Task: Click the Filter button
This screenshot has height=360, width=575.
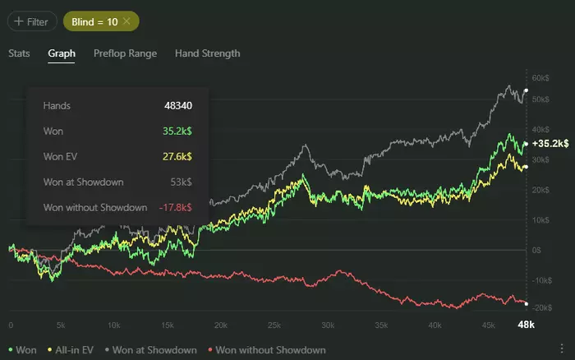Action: tap(29, 22)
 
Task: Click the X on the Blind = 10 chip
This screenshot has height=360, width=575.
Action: tap(126, 21)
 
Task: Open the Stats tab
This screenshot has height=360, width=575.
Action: tap(19, 53)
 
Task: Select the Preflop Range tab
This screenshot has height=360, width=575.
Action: tap(125, 53)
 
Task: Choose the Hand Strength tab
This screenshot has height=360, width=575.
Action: tap(207, 53)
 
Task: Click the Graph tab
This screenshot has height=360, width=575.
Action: tap(62, 53)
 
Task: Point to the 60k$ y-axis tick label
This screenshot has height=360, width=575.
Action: tap(541, 78)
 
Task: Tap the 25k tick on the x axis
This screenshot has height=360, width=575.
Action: tap(274, 325)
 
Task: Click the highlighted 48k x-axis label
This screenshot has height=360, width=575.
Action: tap(525, 325)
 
